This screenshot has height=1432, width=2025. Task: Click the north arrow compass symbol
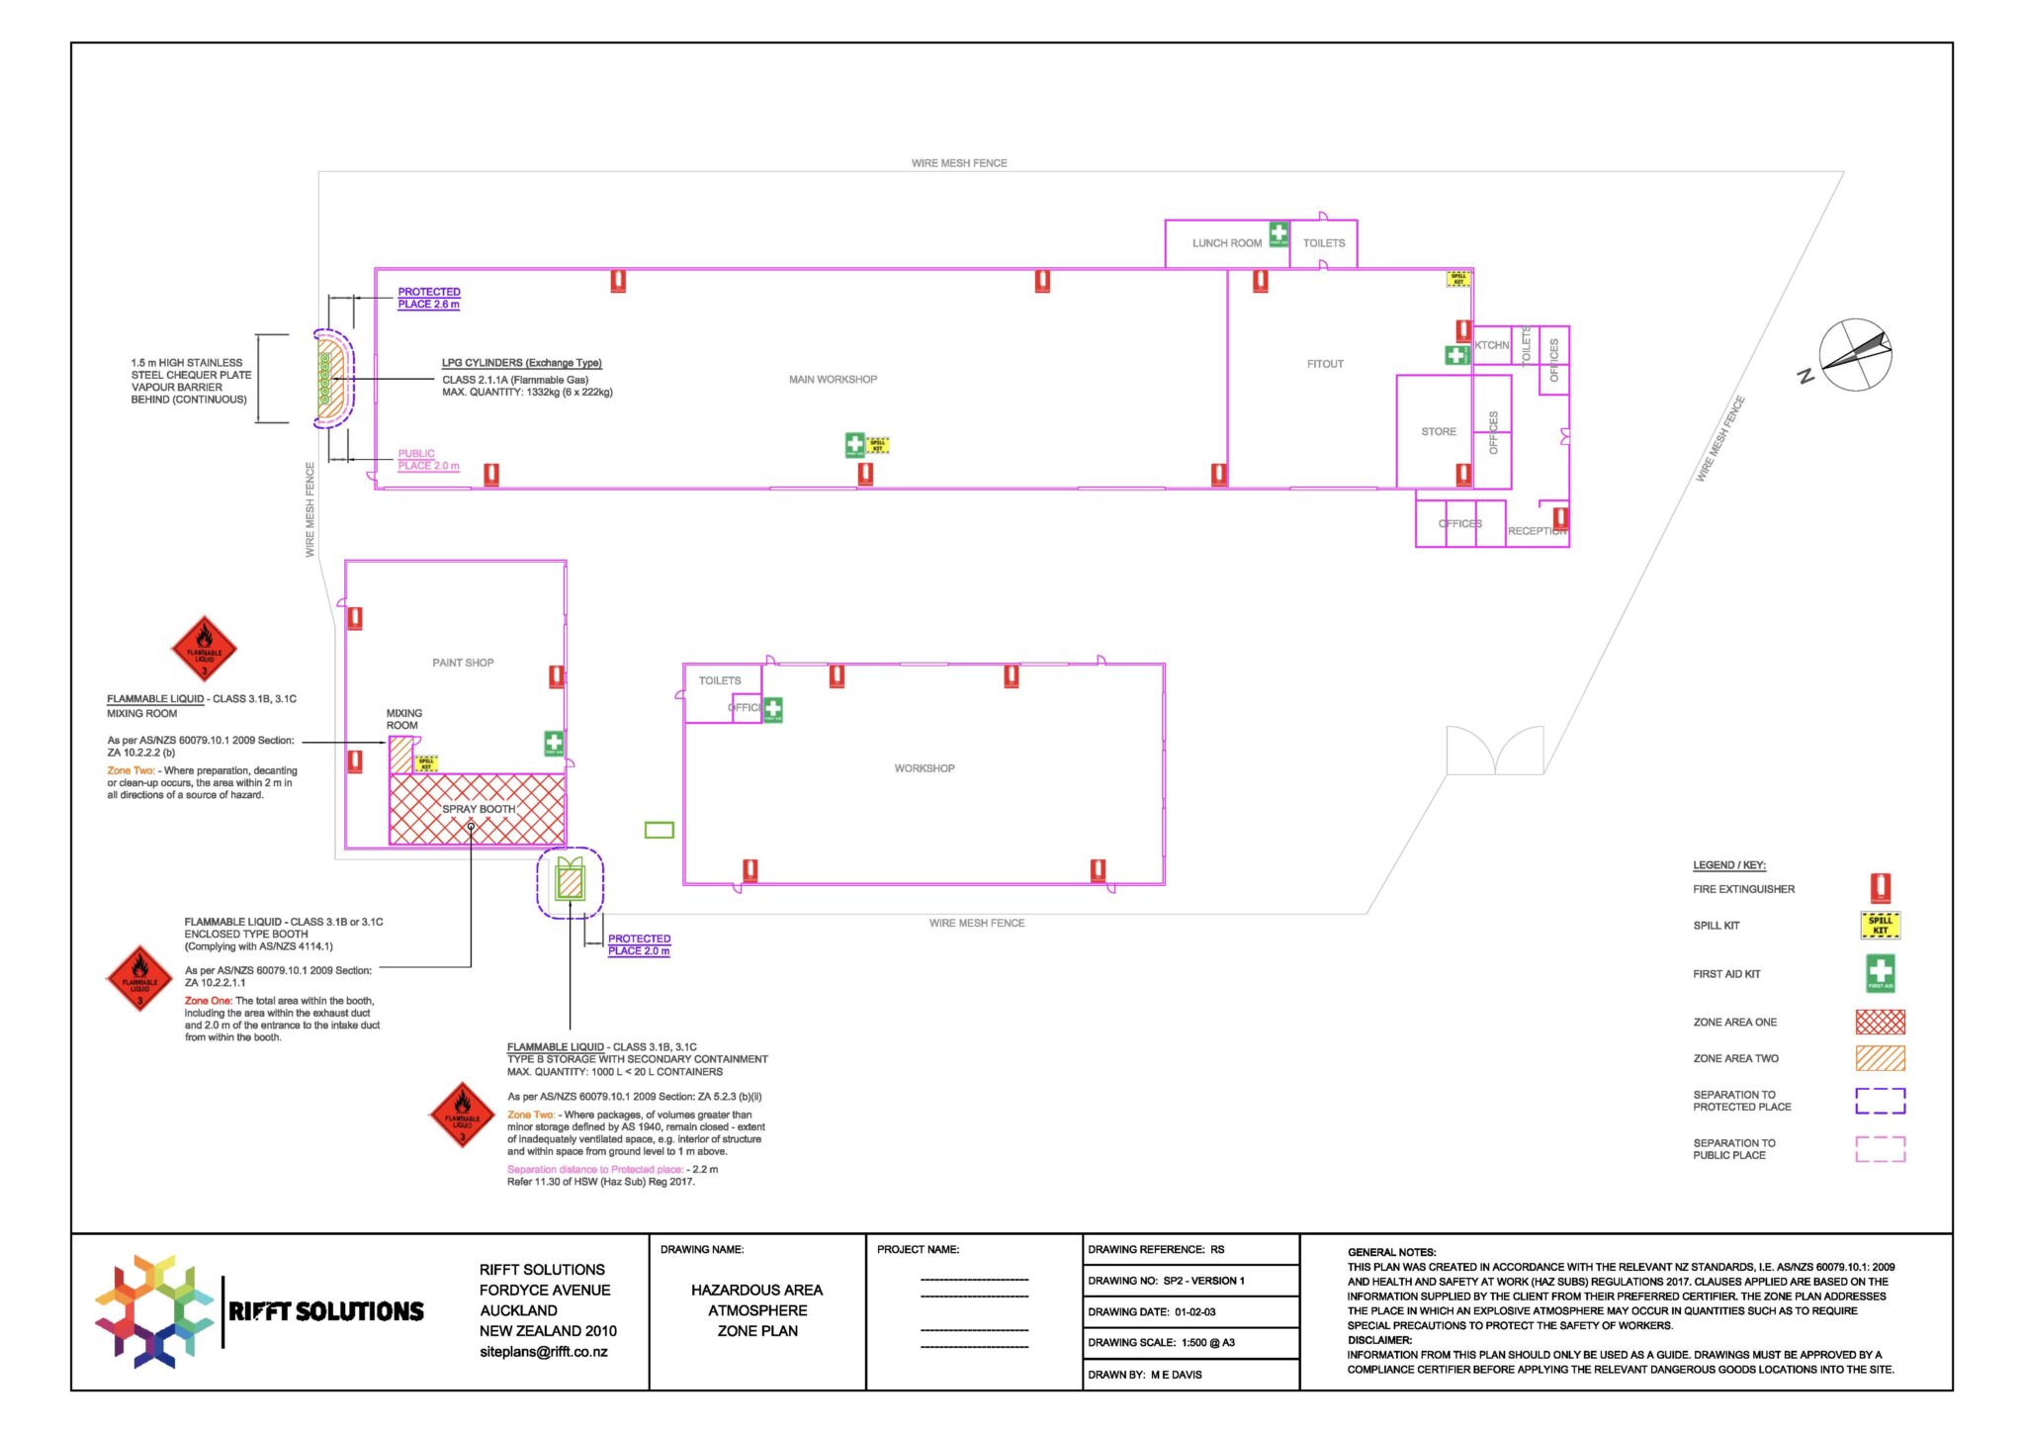click(1855, 355)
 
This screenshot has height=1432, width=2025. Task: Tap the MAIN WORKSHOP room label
click(833, 380)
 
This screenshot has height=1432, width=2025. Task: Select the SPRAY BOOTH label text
click(479, 809)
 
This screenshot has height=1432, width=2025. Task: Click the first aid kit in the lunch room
click(1278, 234)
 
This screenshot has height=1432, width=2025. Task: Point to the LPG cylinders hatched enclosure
click(332, 379)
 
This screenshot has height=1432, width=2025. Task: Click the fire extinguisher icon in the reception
click(1559, 518)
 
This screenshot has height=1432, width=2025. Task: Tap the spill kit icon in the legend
click(1880, 926)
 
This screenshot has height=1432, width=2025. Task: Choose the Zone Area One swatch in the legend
click(1880, 1022)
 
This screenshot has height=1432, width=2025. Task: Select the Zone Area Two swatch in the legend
click(1880, 1058)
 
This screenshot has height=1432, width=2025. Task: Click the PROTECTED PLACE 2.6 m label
click(429, 298)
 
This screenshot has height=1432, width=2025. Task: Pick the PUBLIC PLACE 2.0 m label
click(428, 460)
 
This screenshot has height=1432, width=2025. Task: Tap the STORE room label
click(1438, 432)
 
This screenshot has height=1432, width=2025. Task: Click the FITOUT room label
click(1325, 364)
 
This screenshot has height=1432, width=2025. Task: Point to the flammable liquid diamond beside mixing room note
click(204, 650)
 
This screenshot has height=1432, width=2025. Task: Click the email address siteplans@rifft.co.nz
click(543, 1352)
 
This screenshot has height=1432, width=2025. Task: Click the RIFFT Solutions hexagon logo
click(154, 1311)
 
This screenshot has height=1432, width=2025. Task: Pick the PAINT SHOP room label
click(463, 663)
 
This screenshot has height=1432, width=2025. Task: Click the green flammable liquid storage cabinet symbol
click(570, 880)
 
